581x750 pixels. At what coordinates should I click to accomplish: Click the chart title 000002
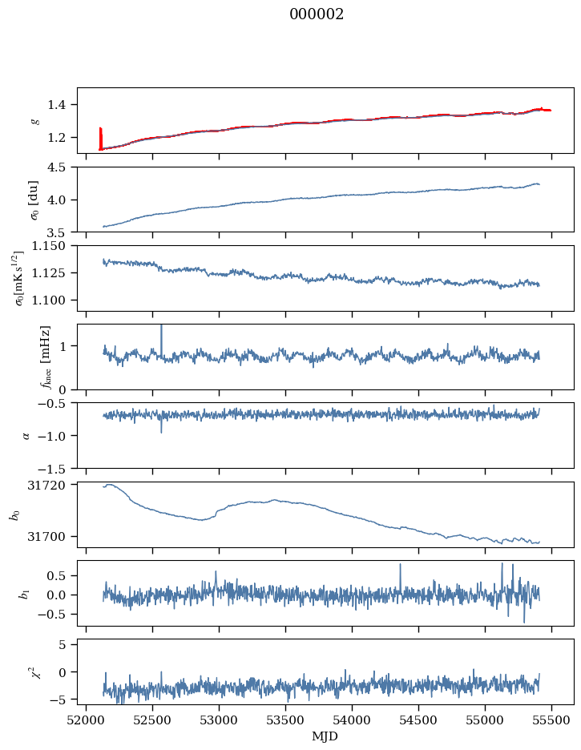point(317,14)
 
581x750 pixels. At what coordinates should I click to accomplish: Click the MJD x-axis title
point(325,736)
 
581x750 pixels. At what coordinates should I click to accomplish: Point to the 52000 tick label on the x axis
point(87,720)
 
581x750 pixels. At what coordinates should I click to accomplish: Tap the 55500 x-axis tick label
point(551,720)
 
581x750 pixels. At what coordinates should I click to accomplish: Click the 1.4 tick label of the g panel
point(63,104)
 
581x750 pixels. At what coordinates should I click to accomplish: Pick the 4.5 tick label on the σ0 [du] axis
point(63,167)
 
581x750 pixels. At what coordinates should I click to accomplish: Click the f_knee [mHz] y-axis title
point(45,357)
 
